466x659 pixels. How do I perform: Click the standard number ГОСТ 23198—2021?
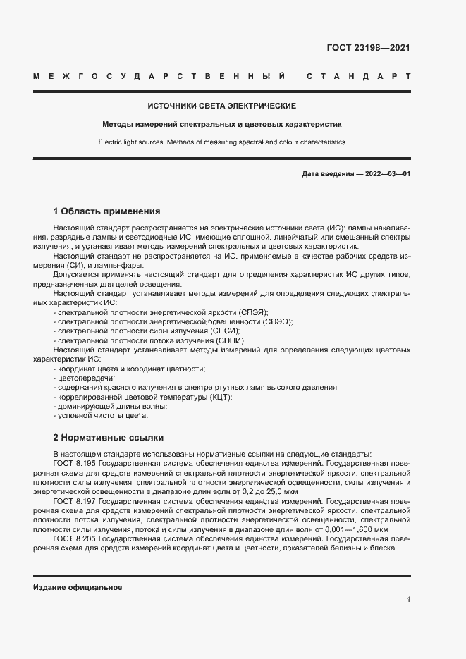point(369,48)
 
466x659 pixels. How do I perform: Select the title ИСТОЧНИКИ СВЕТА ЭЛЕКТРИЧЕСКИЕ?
point(221,106)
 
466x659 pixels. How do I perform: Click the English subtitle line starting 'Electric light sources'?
point(221,142)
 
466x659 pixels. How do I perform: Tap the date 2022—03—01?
point(387,173)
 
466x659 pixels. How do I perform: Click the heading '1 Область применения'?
point(107,211)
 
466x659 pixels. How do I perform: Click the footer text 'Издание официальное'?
point(78,587)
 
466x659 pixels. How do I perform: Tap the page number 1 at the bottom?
point(408,600)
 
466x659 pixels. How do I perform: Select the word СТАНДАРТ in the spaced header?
point(359,75)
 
